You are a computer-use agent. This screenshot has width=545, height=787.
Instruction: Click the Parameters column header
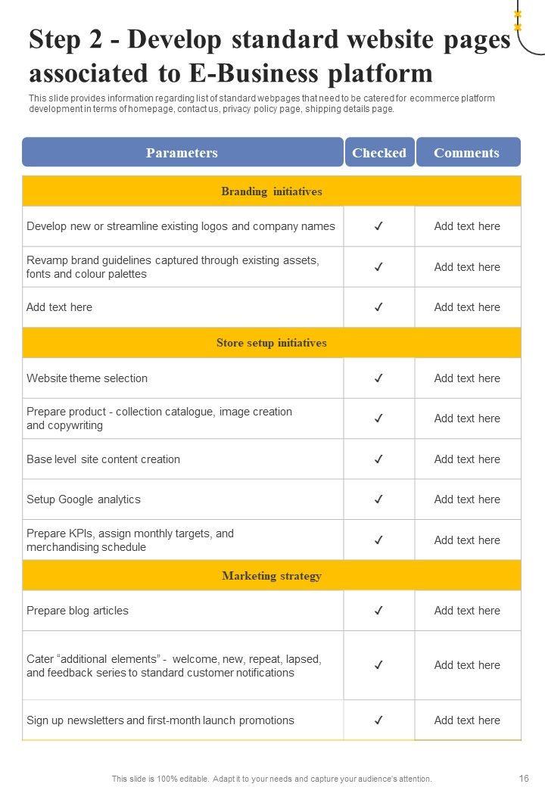182,152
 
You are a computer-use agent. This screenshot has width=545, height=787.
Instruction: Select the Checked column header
379,152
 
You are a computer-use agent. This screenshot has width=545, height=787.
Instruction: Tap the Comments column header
467,152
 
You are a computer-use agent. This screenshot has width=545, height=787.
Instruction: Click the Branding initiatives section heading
272,191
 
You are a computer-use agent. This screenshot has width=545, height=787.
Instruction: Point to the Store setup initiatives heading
272,343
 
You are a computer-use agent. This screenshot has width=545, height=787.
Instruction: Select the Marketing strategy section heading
272,576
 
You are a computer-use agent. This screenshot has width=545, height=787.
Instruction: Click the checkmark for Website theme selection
378,378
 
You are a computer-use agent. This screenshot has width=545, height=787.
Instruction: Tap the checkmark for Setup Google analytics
378,499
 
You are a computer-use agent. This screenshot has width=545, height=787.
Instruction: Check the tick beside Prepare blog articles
378,611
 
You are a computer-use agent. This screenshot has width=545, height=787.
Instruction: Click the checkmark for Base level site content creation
378,459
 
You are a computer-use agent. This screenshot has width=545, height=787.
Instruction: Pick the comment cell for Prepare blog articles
467,611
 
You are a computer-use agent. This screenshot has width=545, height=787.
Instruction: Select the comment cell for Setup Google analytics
467,499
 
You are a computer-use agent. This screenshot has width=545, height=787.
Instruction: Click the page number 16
524,778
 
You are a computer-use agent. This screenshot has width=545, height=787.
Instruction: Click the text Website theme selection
87,378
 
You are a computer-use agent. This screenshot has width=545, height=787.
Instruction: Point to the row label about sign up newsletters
160,720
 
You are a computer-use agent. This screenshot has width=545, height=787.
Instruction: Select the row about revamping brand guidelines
173,267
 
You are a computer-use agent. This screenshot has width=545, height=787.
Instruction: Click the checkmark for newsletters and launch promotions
378,720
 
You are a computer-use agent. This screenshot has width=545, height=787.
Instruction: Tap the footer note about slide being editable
272,779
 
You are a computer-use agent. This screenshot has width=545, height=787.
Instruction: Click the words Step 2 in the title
67,40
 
